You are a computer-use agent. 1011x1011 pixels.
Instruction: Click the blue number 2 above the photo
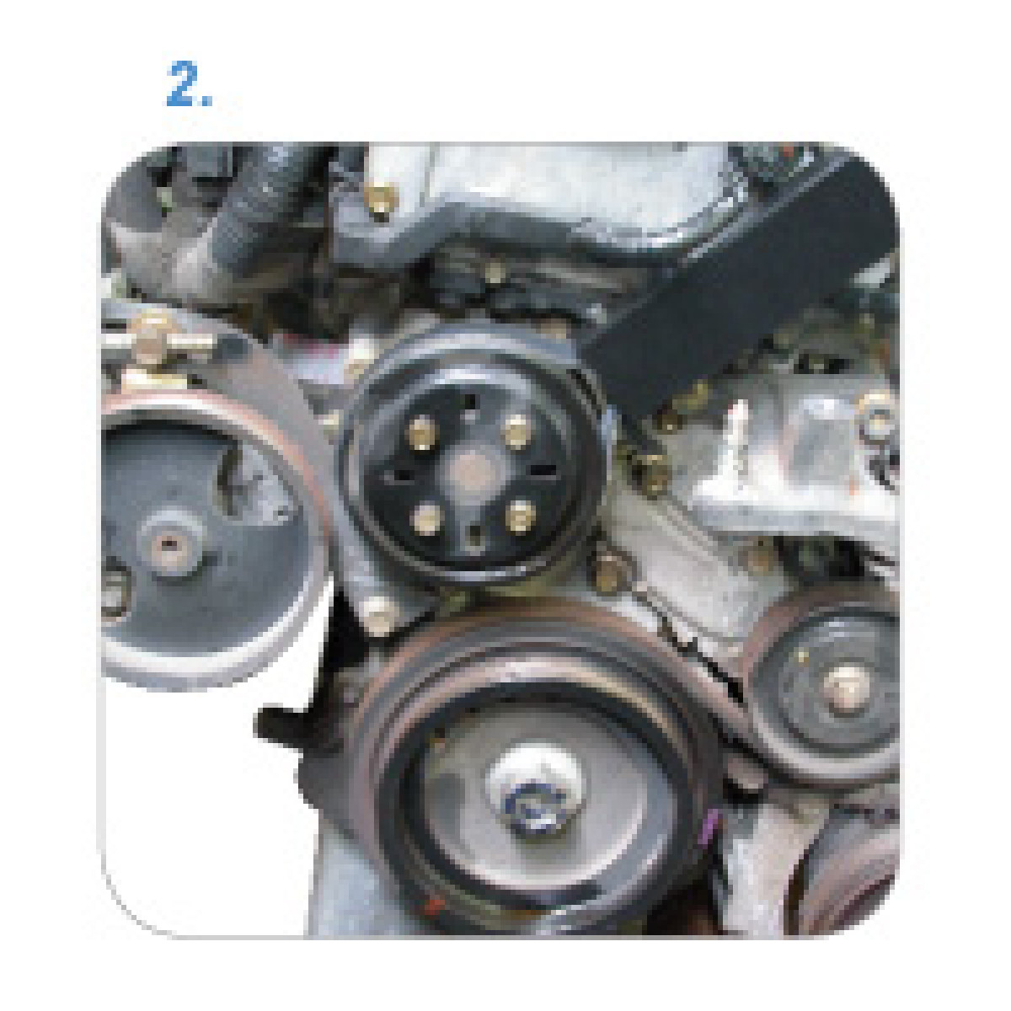coord(181,83)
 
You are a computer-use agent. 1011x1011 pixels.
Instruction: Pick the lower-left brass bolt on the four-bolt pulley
coord(426,519)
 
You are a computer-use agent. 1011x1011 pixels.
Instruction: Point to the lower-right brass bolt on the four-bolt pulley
coord(520,516)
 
